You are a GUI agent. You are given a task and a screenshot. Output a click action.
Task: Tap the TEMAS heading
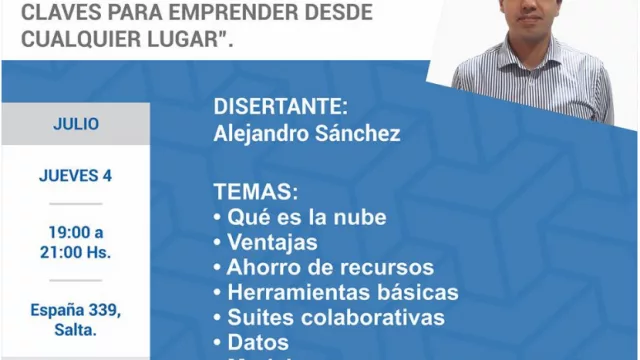pyautogui.click(x=255, y=191)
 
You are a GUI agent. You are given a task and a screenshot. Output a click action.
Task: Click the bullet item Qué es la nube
pyautogui.click(x=307, y=217)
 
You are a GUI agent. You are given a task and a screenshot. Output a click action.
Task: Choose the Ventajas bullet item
pyautogui.click(x=273, y=242)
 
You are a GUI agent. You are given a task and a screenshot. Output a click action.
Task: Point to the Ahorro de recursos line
pyautogui.click(x=330, y=267)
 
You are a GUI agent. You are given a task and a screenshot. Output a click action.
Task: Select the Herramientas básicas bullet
pyautogui.click(x=343, y=293)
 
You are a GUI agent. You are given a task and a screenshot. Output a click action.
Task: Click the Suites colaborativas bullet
pyautogui.click(x=336, y=318)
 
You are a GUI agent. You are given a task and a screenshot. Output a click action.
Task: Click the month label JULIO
pyautogui.click(x=76, y=125)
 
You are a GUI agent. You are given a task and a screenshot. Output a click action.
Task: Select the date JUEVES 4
pyautogui.click(x=76, y=176)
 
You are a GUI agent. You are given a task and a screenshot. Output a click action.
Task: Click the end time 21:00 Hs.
pyautogui.click(x=76, y=252)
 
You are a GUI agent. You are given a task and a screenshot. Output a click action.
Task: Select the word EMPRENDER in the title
pyautogui.click(x=211, y=13)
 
